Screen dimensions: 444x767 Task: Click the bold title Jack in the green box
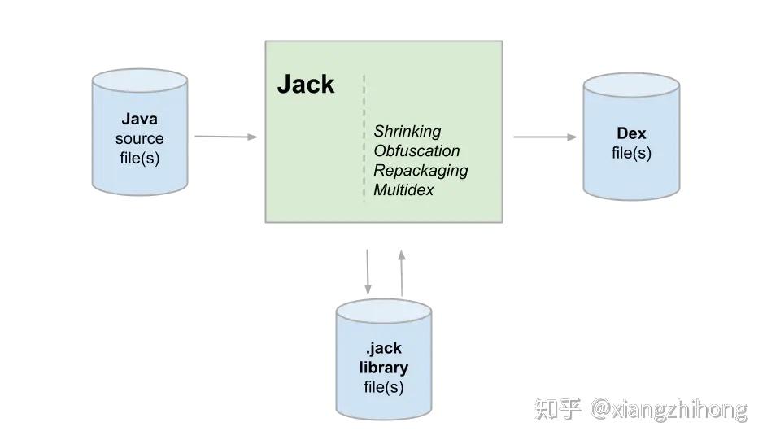(x=306, y=85)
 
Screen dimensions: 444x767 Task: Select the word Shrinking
(x=407, y=131)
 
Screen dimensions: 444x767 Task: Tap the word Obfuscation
(x=416, y=150)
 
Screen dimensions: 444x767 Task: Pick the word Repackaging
(x=421, y=170)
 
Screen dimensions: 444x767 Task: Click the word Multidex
(x=403, y=189)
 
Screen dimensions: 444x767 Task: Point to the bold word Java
(x=139, y=120)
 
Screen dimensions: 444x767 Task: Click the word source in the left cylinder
(x=139, y=139)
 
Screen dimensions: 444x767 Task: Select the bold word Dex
(x=631, y=133)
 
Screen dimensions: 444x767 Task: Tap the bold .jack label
(x=383, y=348)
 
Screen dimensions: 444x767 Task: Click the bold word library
(x=383, y=368)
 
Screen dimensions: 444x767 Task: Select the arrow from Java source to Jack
(x=226, y=137)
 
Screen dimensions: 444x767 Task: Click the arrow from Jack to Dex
(x=544, y=137)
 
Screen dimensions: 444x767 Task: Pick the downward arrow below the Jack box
(x=368, y=272)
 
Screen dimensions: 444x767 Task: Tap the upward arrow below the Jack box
(x=401, y=272)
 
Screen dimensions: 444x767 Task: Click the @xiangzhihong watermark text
(x=669, y=409)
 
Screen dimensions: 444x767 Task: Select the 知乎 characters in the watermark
(x=558, y=409)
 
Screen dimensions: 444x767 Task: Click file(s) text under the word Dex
(x=631, y=153)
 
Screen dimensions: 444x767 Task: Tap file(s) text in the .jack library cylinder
(x=383, y=387)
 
